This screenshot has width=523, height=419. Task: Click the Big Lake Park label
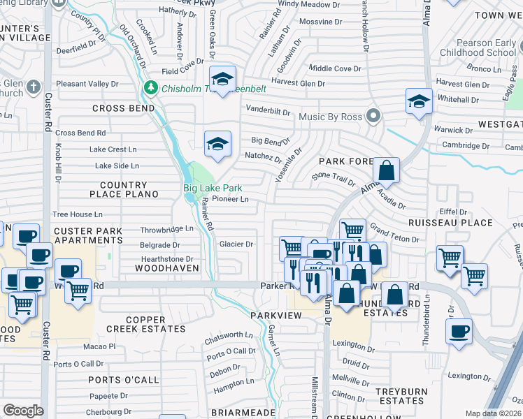coord(213,188)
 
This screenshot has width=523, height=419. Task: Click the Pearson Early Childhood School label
coord(480,47)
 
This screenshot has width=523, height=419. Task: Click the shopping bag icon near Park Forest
coord(385,169)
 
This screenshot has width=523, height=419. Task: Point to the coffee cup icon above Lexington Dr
coord(459,331)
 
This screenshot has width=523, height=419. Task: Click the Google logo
coord(23,411)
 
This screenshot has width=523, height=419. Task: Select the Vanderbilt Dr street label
coord(267,111)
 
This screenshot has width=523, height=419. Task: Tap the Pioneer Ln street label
coord(231,199)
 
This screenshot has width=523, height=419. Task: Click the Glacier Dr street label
coord(236,244)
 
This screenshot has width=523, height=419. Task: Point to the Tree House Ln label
coord(78,214)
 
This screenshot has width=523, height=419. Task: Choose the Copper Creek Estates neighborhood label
coord(146,324)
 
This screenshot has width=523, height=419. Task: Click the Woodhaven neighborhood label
coord(162,268)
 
